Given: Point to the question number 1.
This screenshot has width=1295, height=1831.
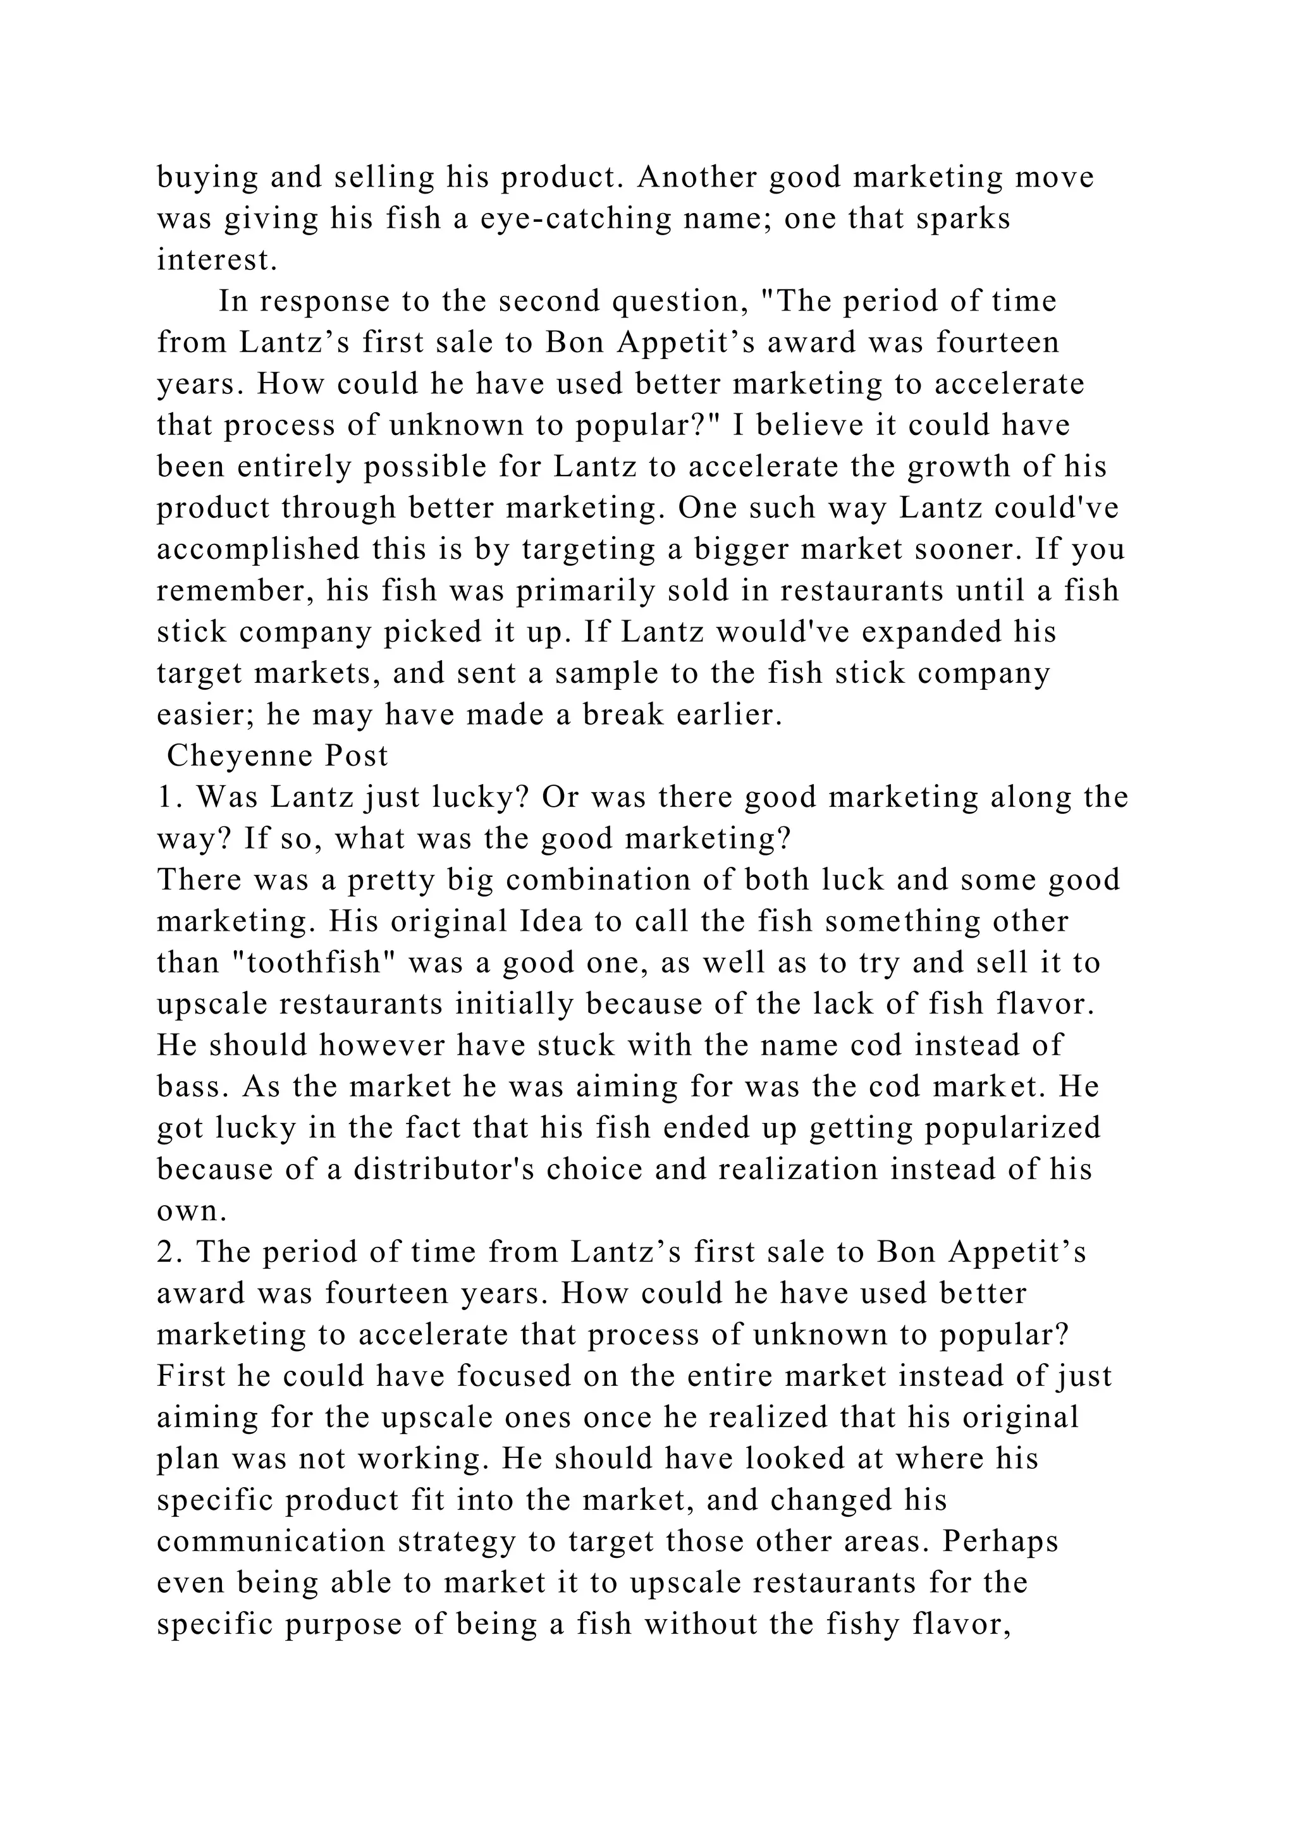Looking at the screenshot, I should point(167,797).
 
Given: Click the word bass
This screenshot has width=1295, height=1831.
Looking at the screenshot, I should point(189,1087).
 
